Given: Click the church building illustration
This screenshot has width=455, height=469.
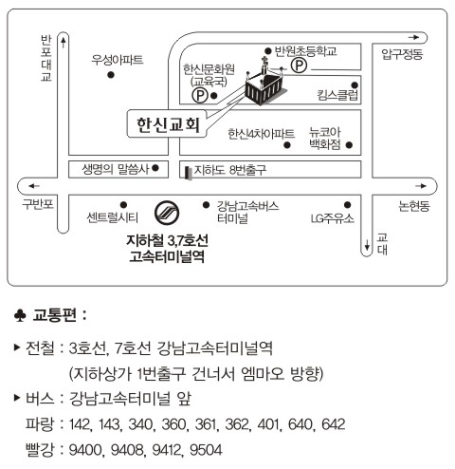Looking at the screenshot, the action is (265, 84).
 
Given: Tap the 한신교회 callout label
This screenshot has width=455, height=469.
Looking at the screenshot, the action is (167, 123).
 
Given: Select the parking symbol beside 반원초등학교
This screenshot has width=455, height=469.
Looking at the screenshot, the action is (299, 66).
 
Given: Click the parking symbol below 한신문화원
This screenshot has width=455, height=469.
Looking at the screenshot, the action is (200, 95).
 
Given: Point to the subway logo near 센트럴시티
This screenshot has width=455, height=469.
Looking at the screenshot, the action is (167, 213).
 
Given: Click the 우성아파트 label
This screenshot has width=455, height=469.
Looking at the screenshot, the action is (118, 60).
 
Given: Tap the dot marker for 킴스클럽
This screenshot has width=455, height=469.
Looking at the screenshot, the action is (355, 85).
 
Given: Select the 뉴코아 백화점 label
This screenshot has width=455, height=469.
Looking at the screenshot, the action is (325, 139).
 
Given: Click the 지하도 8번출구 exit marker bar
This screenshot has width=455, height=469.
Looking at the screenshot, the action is (189, 174).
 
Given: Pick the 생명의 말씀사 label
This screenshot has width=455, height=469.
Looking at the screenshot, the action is (115, 169).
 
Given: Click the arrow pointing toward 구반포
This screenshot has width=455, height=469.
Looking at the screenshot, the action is (33, 186).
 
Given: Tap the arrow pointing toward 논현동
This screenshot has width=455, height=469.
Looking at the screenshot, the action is (421, 186).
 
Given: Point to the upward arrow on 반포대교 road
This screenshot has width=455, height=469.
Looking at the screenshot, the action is (64, 43).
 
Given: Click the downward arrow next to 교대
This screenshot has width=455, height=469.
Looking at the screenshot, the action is (367, 244).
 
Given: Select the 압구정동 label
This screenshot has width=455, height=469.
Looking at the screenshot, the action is (402, 53).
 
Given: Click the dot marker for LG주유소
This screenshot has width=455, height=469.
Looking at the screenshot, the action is (347, 205).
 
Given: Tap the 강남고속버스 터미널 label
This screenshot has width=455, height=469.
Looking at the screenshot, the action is (247, 212).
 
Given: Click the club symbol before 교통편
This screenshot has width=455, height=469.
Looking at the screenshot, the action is (20, 315).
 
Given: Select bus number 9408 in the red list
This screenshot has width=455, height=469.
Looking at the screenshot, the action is (127, 450).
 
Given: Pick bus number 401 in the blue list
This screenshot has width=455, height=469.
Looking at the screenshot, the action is (268, 424).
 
